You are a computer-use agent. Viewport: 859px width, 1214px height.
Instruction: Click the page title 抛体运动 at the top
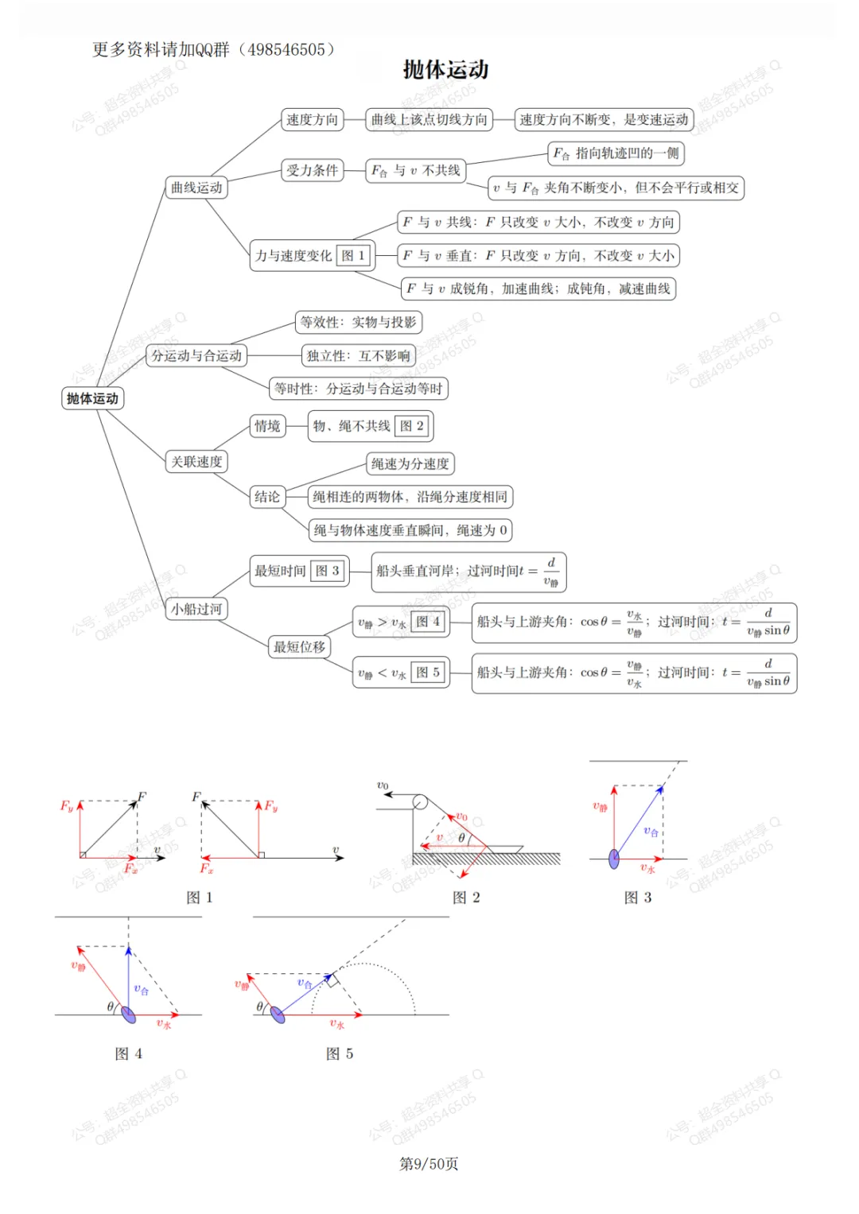coord(445,70)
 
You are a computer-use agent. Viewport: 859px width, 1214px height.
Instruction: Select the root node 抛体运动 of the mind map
coord(92,398)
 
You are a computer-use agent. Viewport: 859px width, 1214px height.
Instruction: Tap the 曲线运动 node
coord(196,188)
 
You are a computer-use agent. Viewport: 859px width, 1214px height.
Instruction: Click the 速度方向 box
coord(312,120)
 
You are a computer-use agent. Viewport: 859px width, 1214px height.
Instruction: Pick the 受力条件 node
coord(312,170)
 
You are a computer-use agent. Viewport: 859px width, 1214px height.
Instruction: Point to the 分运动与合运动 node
coord(196,355)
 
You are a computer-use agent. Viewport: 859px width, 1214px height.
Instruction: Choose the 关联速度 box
coord(196,462)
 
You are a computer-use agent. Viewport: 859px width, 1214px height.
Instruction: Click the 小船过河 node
coord(196,610)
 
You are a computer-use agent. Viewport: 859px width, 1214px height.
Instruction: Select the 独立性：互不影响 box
coord(359,355)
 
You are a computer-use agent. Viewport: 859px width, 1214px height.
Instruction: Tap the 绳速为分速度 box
coord(410,463)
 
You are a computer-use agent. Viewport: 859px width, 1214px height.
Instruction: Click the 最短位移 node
coord(299,647)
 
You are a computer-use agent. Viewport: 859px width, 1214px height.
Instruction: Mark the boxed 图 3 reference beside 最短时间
coord(328,571)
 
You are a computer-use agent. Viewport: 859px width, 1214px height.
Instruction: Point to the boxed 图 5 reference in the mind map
coord(428,673)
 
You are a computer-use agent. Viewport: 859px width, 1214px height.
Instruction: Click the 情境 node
coord(267,426)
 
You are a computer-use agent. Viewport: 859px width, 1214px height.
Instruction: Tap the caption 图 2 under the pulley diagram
coord(466,898)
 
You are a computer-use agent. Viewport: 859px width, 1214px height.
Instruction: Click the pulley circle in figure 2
coord(420,802)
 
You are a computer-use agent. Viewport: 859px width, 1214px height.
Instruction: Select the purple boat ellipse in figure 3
coord(614,859)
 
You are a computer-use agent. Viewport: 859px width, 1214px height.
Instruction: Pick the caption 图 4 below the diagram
coord(129,1054)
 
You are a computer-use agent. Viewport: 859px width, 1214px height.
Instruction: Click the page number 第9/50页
coord(429,1164)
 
